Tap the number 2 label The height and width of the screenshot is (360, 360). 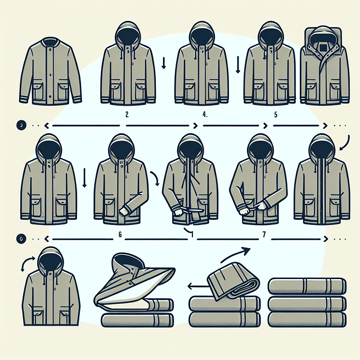click(128, 113)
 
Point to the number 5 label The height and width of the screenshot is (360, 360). click(276, 113)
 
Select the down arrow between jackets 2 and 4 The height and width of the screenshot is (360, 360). click(163, 62)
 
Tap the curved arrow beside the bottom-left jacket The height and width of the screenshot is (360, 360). click(24, 263)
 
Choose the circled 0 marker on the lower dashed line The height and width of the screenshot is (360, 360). click(21, 238)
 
